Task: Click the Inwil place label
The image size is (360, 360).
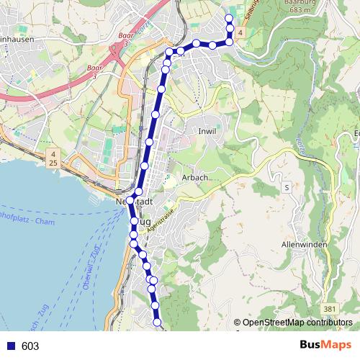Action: coord(207,131)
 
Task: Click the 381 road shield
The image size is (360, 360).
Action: coord(330,308)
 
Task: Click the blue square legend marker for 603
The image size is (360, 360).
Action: coord(11,346)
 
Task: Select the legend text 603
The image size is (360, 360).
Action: coord(30,346)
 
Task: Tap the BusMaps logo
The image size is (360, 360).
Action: coord(325,346)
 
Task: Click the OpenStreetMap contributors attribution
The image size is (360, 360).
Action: coord(297,323)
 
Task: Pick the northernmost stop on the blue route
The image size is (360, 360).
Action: coord(229,18)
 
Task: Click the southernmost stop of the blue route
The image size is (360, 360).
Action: coord(158,324)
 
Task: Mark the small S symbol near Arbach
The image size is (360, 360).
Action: coord(287,187)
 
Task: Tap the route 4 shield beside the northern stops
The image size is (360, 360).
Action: coord(240,32)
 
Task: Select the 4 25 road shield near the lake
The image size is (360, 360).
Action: coord(53,159)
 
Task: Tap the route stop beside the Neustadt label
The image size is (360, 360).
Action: coord(130,200)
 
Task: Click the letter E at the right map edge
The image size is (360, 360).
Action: coord(357,132)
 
